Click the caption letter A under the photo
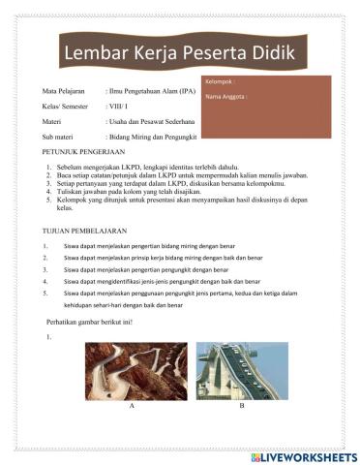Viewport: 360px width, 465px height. click(131, 409)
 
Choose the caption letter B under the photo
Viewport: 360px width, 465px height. click(241, 409)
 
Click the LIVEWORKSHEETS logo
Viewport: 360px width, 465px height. click(303, 455)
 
